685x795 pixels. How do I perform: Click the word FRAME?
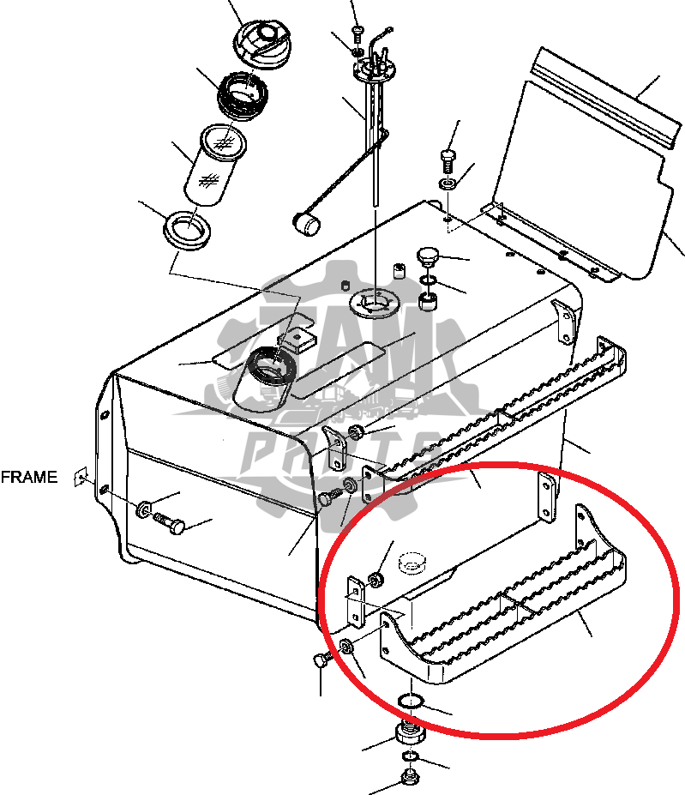pyautogui.click(x=29, y=478)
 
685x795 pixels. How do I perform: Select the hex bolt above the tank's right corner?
pyautogui.click(x=448, y=159)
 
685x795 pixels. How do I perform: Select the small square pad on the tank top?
pyautogui.click(x=297, y=339)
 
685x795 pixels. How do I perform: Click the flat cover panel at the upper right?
pyautogui.click(x=600, y=163)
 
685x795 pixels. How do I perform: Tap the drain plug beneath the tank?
pyautogui.click(x=411, y=735)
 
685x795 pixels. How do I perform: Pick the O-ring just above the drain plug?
pyautogui.click(x=411, y=702)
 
